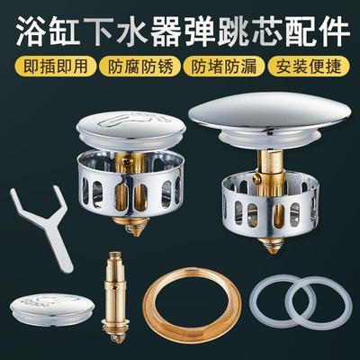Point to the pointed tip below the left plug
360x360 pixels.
[134, 226]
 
